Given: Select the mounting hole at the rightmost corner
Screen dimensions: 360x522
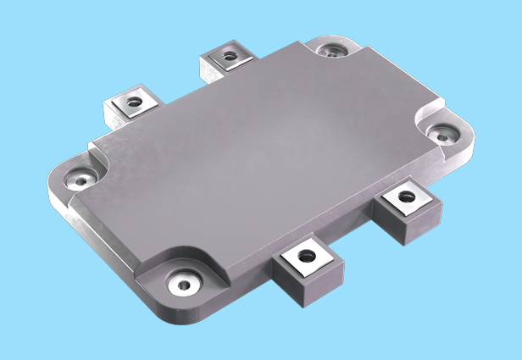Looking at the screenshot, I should click(x=442, y=132).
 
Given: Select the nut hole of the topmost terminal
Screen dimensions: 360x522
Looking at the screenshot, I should click(x=229, y=58).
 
